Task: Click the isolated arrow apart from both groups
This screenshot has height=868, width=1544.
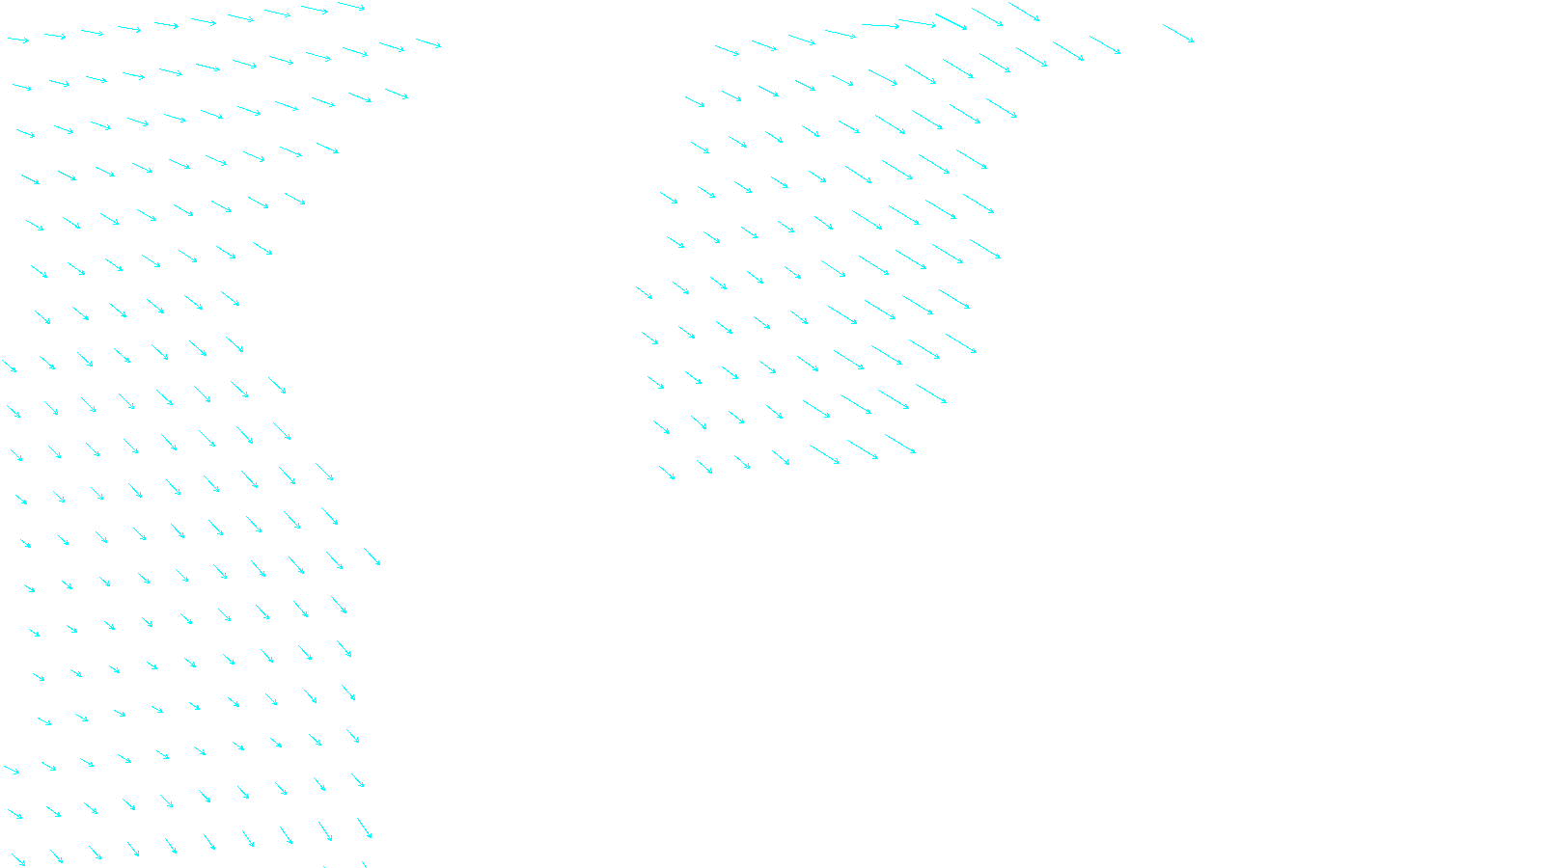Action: tap(1178, 34)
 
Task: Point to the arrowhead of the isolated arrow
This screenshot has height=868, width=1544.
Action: tap(1194, 42)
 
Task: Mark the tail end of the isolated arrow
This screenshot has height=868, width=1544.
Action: tap(1163, 25)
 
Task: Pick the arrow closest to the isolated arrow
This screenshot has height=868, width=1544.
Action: tap(1105, 45)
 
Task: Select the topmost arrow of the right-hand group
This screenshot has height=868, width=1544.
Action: tap(1024, 12)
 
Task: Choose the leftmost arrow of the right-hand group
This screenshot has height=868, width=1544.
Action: tap(644, 292)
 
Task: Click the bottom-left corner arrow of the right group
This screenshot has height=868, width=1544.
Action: tap(667, 473)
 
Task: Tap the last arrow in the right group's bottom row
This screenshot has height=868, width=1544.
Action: tap(900, 444)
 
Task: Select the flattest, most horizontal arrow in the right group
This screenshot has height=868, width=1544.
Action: tap(880, 25)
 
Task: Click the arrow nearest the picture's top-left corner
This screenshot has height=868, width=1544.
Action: tap(18, 40)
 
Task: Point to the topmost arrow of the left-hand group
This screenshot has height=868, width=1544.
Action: tap(351, 7)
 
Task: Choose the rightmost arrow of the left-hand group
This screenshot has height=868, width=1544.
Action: tap(428, 43)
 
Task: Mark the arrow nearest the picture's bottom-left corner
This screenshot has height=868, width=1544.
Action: tap(17, 858)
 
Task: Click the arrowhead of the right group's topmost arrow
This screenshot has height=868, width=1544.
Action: tap(1039, 20)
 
